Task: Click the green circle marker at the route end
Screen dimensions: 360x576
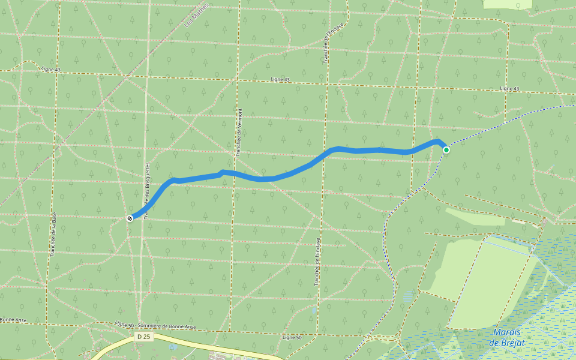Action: [446, 149]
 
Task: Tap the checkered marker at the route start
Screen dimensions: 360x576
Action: [130, 218]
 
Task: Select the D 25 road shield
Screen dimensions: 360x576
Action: [142, 337]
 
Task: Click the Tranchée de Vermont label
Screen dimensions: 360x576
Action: [239, 133]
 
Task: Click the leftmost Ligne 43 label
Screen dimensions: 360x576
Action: [51, 70]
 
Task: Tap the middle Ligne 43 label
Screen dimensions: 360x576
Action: [280, 79]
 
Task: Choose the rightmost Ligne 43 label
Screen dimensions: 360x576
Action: [509, 89]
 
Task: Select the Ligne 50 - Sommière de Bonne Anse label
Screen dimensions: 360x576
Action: [155, 326]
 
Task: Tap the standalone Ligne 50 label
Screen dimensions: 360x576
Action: [292, 337]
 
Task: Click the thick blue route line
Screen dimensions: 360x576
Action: [276, 178]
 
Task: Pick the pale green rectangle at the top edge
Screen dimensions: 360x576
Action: [507, 4]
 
